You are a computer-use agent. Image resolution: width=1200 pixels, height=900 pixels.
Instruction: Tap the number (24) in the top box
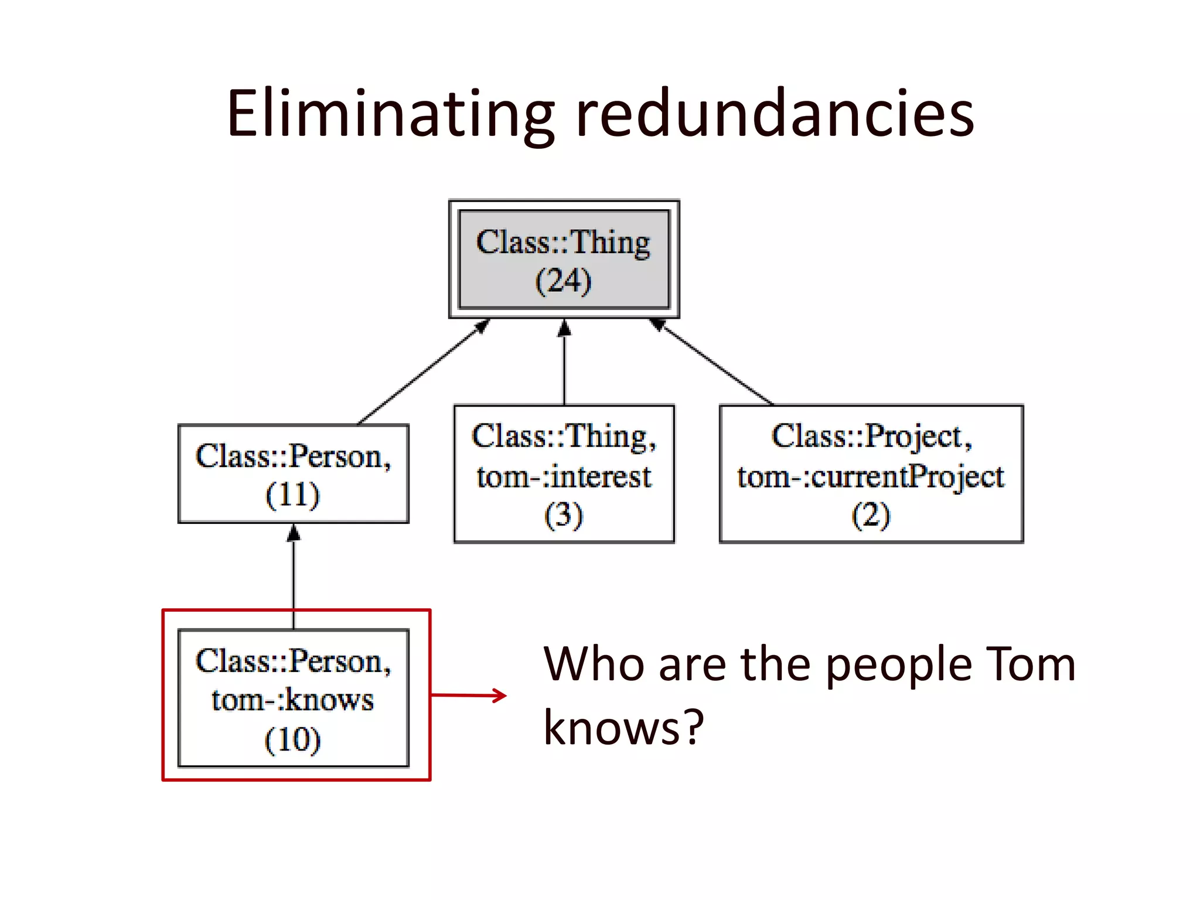(x=564, y=281)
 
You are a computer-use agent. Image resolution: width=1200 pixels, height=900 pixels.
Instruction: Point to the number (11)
(x=293, y=495)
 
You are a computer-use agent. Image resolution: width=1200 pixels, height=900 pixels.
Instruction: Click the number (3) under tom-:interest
(x=564, y=515)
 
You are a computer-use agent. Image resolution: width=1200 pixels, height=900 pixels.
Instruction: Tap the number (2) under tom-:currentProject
(x=871, y=515)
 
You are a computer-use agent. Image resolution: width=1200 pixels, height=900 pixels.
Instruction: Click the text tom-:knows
(x=293, y=700)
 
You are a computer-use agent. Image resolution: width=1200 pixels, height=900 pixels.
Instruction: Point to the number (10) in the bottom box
(x=293, y=739)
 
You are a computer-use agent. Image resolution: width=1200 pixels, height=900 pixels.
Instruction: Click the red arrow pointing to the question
(x=469, y=696)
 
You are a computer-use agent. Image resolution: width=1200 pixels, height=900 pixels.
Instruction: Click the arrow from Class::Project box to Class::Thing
(x=715, y=363)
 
